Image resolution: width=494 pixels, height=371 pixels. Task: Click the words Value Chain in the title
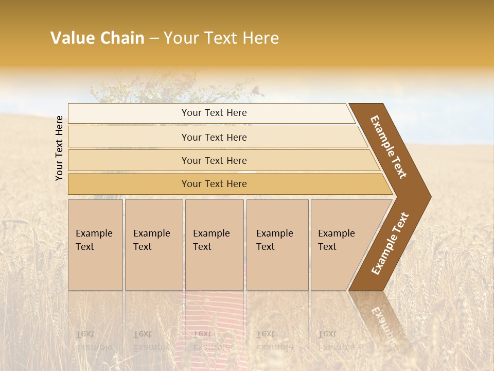click(x=97, y=38)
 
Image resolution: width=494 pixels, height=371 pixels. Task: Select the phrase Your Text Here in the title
click(x=221, y=38)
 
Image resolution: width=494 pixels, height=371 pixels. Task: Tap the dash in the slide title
click(x=154, y=39)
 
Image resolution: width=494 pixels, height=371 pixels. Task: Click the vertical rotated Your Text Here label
click(x=59, y=148)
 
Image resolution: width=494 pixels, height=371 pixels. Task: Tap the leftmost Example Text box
click(x=95, y=245)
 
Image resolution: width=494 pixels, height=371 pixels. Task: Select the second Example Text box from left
click(x=153, y=245)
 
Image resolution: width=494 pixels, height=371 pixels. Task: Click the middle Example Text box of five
click(x=214, y=245)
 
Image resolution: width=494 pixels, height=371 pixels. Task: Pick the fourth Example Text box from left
click(x=277, y=245)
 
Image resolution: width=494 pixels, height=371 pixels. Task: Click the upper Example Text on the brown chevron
click(x=389, y=147)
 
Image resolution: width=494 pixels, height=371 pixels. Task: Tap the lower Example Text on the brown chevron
click(x=390, y=244)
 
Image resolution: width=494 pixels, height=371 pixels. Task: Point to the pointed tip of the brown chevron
click(x=428, y=197)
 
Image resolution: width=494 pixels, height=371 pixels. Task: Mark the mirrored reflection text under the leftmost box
click(x=94, y=340)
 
